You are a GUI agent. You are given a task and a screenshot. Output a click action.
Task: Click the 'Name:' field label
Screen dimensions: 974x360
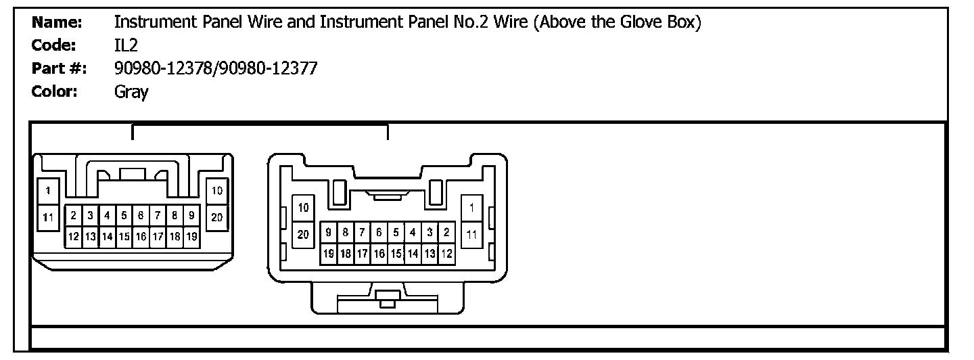pos(57,22)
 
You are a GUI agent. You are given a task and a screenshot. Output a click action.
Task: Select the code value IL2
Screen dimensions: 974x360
pos(126,45)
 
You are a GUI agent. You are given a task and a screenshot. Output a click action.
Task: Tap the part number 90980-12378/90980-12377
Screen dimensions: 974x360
pos(215,68)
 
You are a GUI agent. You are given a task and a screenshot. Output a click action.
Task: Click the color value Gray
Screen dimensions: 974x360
pos(131,91)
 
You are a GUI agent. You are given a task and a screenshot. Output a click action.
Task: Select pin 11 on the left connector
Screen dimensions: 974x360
pos(48,217)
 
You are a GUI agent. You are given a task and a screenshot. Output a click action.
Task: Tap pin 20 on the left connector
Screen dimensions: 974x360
pos(216,217)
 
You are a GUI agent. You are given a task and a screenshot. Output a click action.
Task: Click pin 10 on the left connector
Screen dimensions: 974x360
pos(216,191)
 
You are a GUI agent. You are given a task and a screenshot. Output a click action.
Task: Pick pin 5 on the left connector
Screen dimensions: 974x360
pos(124,216)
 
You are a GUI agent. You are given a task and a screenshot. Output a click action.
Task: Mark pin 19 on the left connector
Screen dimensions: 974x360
pos(191,236)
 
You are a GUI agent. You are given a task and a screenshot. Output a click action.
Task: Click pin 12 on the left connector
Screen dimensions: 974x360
pos(74,236)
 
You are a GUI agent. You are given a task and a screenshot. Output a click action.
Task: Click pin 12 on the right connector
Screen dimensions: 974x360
pos(446,254)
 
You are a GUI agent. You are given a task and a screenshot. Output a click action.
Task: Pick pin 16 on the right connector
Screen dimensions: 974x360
pos(379,254)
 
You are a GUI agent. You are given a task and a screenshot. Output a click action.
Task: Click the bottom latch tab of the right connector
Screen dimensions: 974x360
pos(388,298)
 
